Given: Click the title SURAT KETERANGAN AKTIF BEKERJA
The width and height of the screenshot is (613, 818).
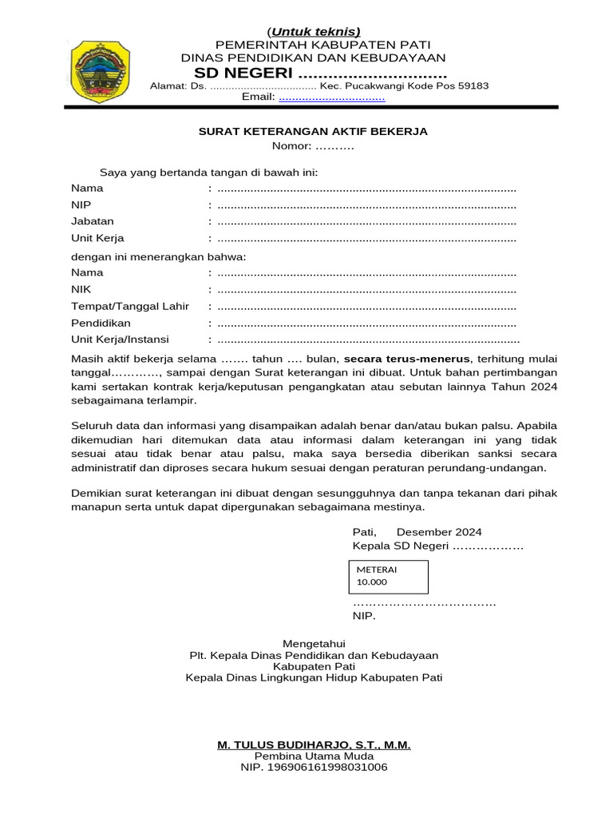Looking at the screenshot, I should tap(313, 131).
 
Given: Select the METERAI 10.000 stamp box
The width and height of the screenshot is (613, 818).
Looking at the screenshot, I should tap(389, 576).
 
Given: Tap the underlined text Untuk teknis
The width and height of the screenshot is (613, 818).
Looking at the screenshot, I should tap(313, 31).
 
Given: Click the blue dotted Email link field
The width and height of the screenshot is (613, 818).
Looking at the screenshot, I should tap(331, 97).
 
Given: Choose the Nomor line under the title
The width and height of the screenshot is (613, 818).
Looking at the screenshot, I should tap(312, 146).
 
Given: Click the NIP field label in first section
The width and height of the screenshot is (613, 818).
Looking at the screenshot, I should tap(81, 204).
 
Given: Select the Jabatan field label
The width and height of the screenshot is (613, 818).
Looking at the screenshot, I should tap(93, 221).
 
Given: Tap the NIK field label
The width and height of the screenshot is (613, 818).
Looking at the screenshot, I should tap(81, 289).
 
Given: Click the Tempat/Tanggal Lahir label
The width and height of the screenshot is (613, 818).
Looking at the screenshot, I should tap(130, 307).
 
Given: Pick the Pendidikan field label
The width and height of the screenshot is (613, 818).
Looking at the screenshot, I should tap(101, 324).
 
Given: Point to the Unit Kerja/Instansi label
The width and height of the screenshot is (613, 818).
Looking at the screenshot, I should tap(121, 340).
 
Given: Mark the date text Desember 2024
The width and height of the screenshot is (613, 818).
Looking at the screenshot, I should tap(438, 532).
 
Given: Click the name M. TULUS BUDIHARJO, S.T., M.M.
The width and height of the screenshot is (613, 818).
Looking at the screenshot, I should tap(314, 745).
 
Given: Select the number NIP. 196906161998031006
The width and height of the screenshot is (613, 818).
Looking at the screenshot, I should tap(314, 768).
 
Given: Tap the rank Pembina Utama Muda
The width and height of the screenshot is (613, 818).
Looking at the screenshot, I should tap(314, 756).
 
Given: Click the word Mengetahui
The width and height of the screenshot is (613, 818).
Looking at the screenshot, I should tap(314, 643).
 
